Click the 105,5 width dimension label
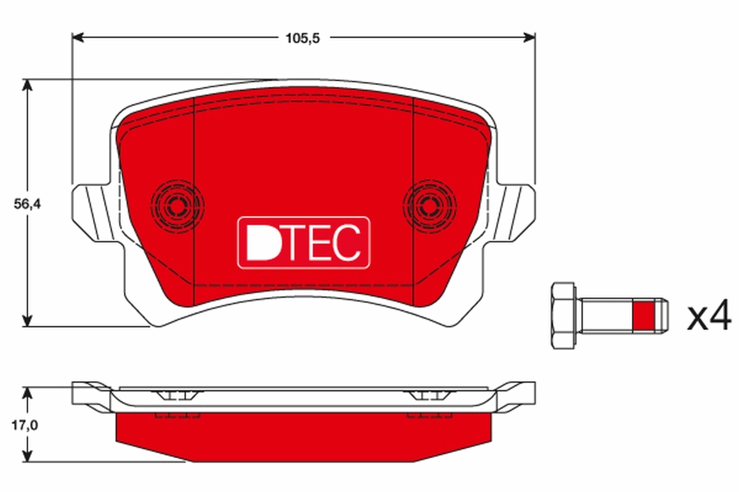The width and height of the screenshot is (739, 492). click(x=303, y=38)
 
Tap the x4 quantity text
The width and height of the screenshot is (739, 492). click(x=709, y=318)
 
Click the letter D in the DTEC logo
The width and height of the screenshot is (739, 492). click(x=257, y=244)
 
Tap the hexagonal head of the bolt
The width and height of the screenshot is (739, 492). click(x=563, y=317)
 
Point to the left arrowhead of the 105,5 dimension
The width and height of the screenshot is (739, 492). click(x=77, y=38)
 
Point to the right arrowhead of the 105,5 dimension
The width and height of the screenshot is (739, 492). click(x=530, y=38)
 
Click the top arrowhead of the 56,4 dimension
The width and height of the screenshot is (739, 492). click(x=26, y=84)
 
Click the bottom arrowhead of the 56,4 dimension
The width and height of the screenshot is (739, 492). click(x=26, y=321)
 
